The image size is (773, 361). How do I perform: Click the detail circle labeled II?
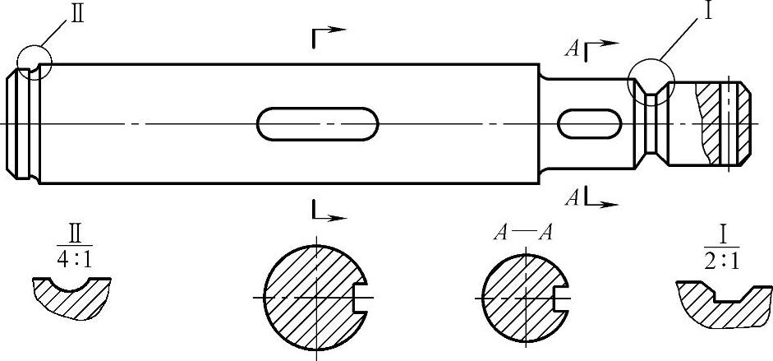pos(34,62)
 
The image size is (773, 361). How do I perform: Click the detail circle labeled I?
pos(651,81)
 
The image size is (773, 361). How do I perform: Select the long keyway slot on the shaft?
pos(318,123)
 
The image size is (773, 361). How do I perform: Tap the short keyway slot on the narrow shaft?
pos(588,123)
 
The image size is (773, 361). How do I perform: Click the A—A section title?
pos(522,233)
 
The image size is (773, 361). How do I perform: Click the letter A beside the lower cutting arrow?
pos(572,197)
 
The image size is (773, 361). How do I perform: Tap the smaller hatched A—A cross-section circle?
pos(519,296)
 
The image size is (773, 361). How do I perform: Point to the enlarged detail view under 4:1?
pos(71,299)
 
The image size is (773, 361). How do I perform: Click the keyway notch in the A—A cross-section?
pos(561,296)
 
